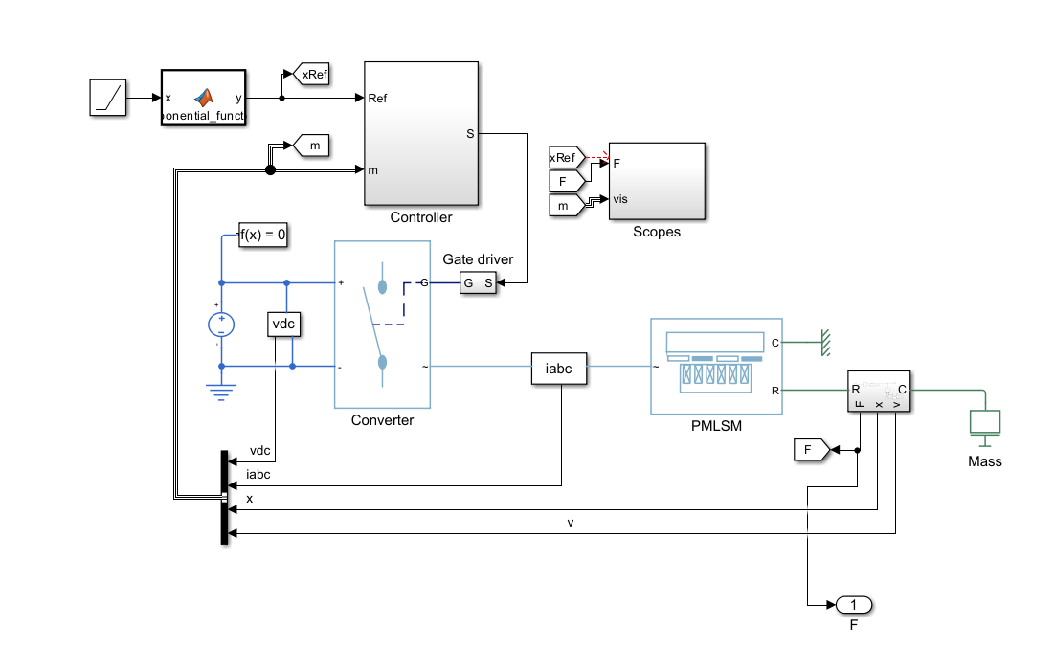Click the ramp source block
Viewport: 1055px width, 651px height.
(x=108, y=98)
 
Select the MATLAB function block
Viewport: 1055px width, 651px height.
(x=203, y=98)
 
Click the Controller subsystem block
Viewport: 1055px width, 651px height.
(x=421, y=133)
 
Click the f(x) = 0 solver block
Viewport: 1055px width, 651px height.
(x=263, y=234)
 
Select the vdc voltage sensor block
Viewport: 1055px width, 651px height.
(x=284, y=325)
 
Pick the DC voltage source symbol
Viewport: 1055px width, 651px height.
(x=221, y=325)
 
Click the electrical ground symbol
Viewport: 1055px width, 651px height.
(x=221, y=391)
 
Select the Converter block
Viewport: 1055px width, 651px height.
(x=382, y=325)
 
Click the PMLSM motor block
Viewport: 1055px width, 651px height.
(x=716, y=366)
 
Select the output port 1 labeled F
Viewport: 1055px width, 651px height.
(x=854, y=605)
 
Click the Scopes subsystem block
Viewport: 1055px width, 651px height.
(x=657, y=181)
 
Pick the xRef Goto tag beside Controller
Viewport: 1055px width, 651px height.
(x=312, y=74)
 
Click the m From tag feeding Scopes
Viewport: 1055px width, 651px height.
(x=565, y=204)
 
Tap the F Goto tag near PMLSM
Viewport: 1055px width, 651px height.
(x=810, y=449)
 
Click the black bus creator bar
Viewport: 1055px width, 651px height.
(x=224, y=497)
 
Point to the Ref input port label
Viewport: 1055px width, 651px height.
(x=377, y=98)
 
